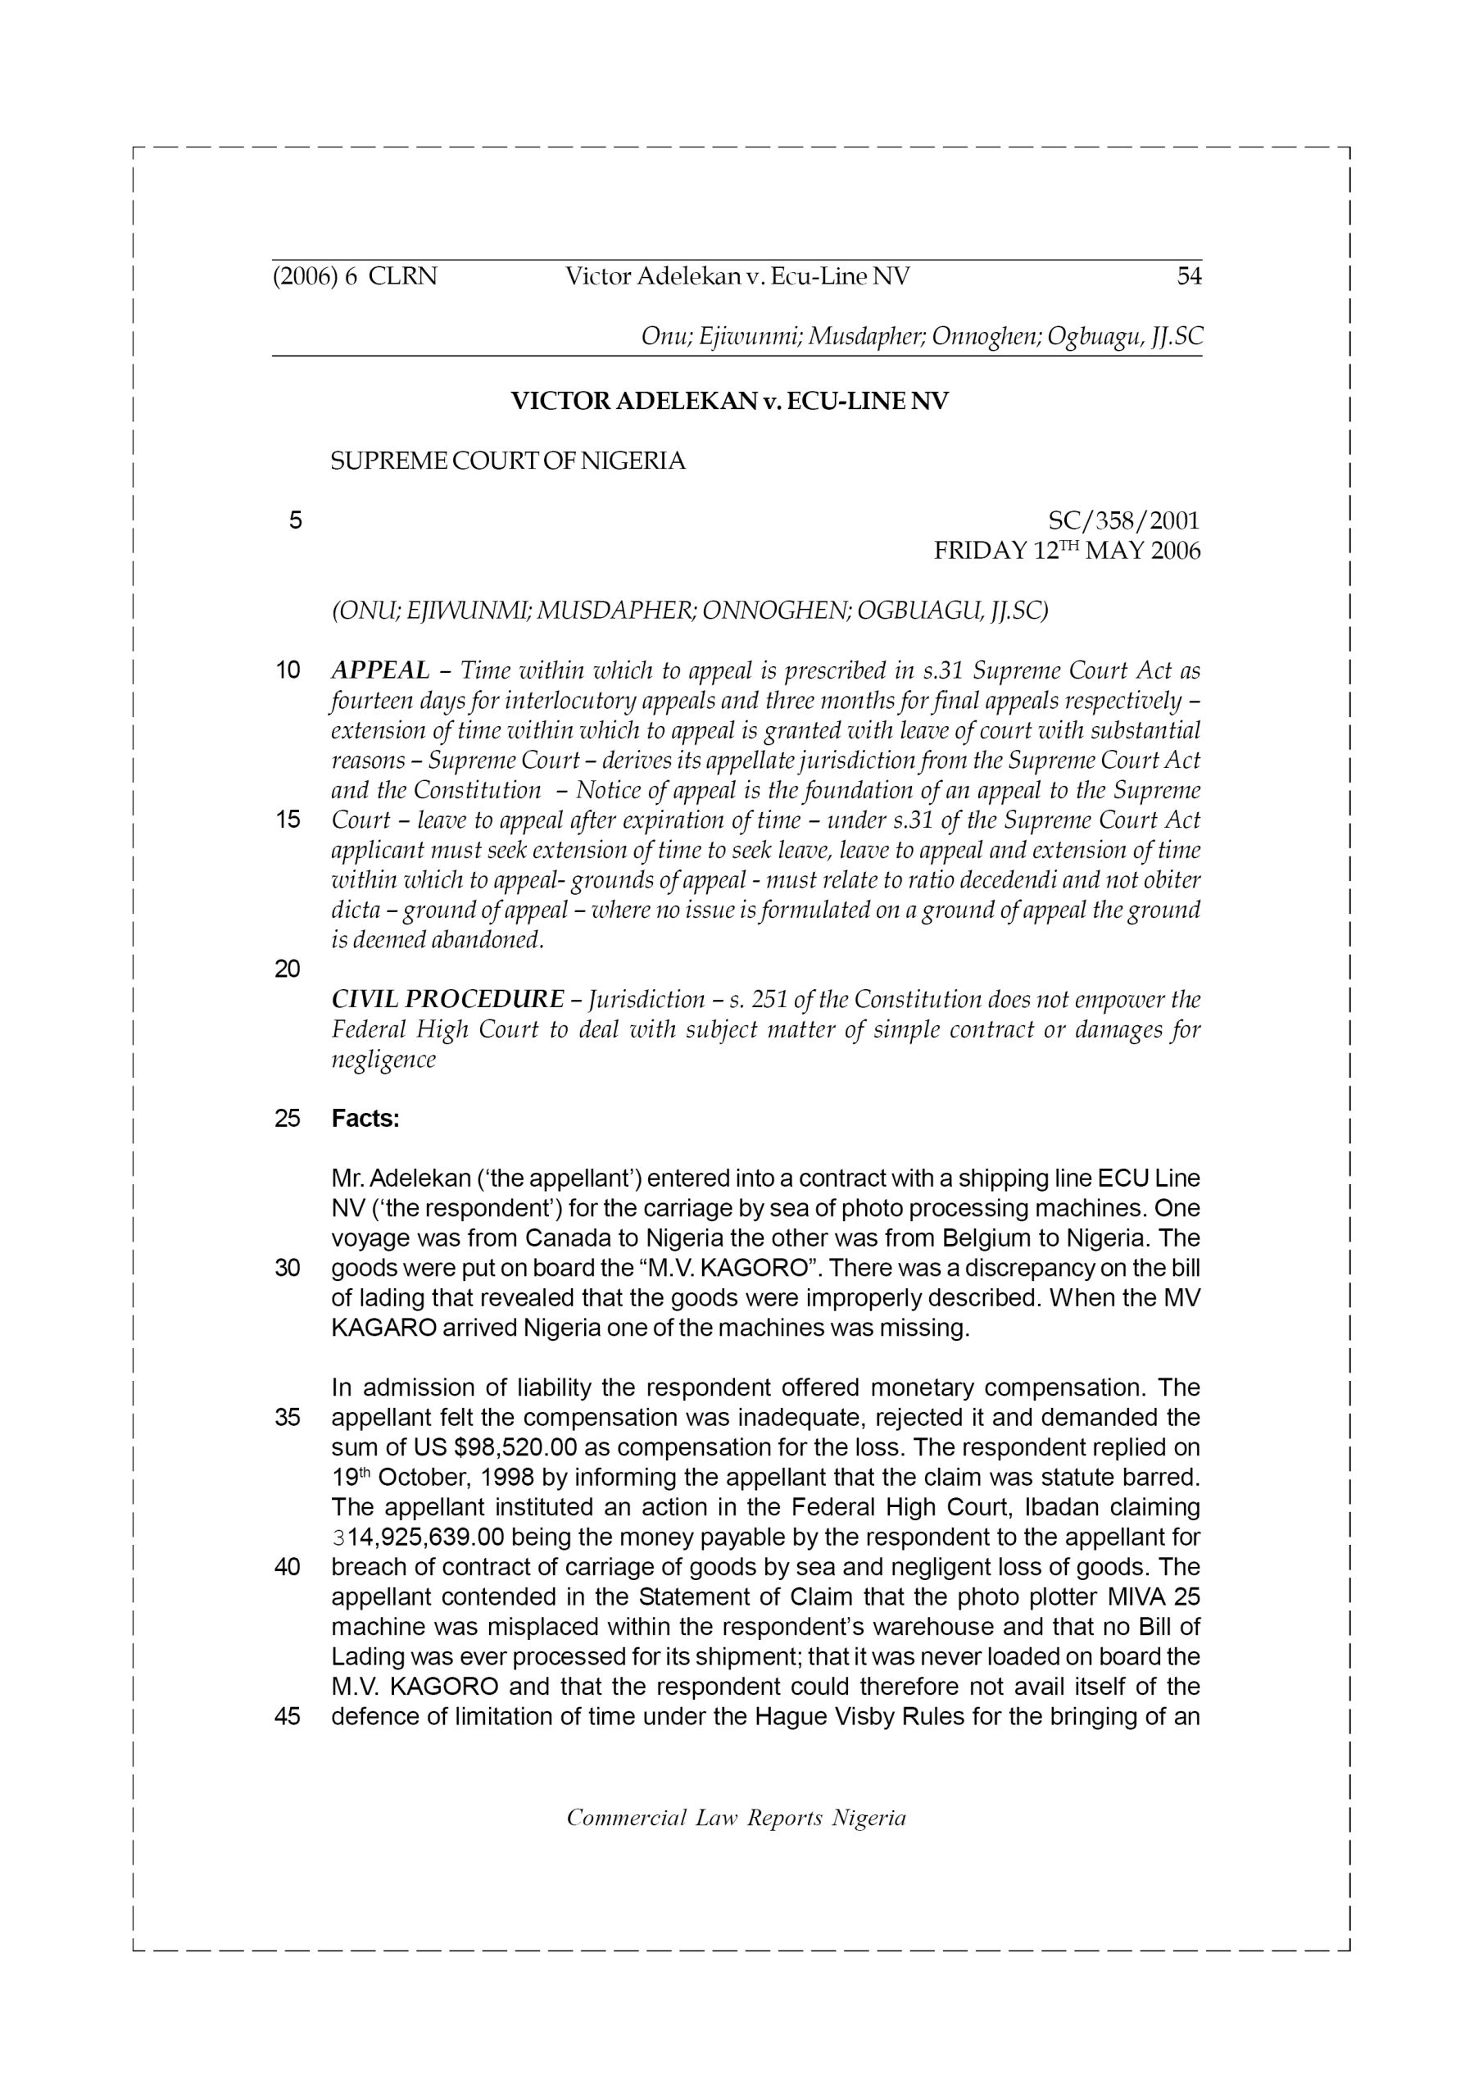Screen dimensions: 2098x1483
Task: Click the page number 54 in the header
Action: [1188, 276]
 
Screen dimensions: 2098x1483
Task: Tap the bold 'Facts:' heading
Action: [365, 1119]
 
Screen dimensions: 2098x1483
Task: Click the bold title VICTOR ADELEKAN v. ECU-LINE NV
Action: [729, 401]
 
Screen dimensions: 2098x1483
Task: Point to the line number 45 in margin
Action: [288, 1716]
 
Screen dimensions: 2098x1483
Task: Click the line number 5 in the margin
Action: [295, 521]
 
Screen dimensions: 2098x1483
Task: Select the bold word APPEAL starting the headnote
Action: [380, 670]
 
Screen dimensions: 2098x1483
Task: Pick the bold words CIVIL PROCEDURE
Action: [447, 999]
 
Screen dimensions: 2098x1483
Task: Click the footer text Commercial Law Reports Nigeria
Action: [736, 1818]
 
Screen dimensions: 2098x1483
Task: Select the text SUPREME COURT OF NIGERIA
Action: [507, 461]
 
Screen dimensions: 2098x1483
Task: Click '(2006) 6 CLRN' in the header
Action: [355, 276]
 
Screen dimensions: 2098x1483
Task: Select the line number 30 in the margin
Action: [288, 1269]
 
